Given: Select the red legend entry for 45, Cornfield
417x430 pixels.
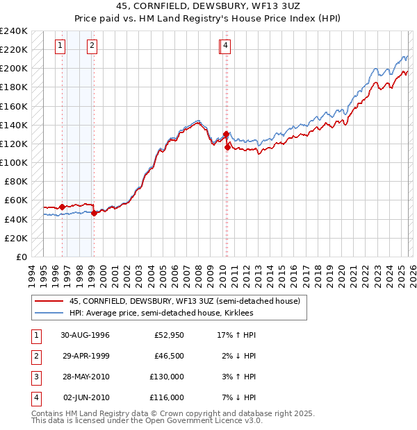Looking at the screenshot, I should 184,301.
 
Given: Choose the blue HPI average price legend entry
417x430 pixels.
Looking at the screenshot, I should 161,313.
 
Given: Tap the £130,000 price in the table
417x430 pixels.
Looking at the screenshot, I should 167,377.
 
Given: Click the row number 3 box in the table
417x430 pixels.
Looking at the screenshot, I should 36,377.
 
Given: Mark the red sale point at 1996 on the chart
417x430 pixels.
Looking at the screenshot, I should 62,207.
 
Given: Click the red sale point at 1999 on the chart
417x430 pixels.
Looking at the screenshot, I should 94,213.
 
